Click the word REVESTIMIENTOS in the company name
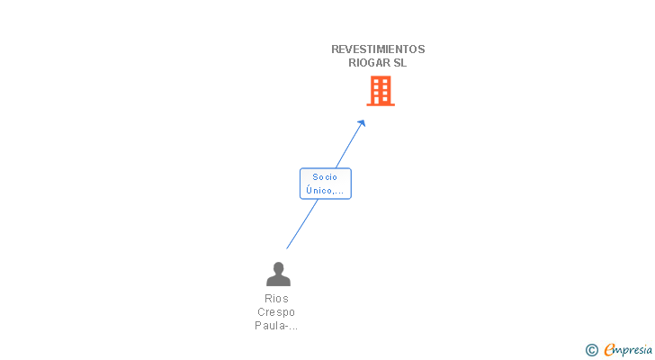coord(378,49)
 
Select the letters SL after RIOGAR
coord(399,63)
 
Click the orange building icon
coord(381,91)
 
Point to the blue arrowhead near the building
coord(362,123)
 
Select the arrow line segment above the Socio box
coord(349,145)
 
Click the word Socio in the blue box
coord(325,177)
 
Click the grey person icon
coord(278,274)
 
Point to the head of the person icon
coord(278,267)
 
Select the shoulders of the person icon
coord(278,281)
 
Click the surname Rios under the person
coord(277,298)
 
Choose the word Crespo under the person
coord(277,312)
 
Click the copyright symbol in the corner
coord(592,350)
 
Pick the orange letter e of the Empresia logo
coord(609,350)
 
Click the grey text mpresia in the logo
coord(633,351)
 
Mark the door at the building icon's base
coord(381,102)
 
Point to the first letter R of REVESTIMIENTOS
coord(336,49)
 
